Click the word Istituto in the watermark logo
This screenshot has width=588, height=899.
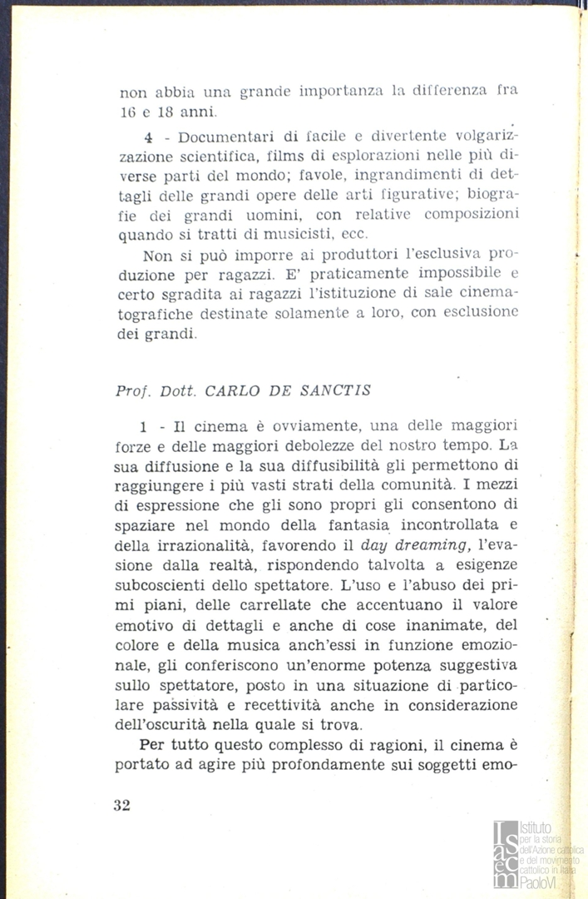535,828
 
